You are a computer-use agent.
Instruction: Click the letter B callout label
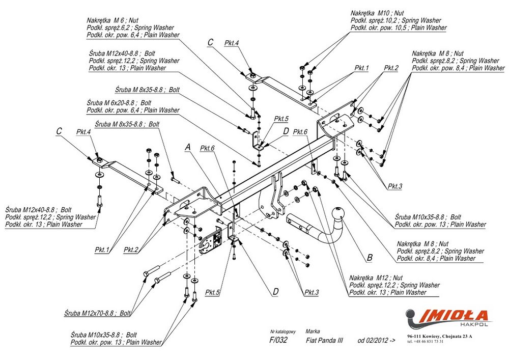(369, 258)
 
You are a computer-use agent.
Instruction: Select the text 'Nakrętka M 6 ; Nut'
(117, 20)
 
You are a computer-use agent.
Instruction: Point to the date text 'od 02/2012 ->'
(376, 341)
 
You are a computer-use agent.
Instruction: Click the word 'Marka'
(313, 330)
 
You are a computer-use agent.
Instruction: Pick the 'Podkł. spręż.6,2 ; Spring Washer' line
(130, 27)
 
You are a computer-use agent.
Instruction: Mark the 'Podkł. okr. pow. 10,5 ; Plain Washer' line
(398, 27)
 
